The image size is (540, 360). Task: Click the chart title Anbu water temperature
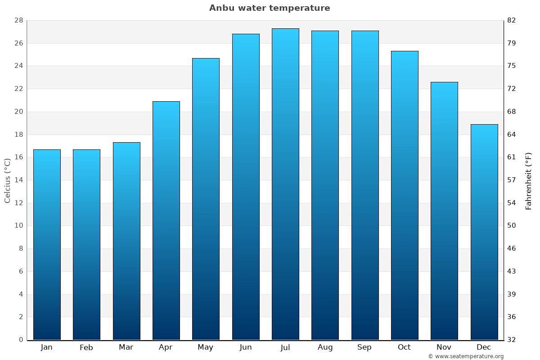[x=270, y=8]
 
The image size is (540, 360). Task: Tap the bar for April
[x=166, y=220]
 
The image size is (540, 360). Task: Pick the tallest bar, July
[x=285, y=184]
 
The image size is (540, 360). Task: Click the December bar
[x=484, y=232]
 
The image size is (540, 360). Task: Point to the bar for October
[x=405, y=195]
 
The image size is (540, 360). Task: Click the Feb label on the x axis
[x=86, y=347]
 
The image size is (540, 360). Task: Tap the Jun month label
[x=246, y=347]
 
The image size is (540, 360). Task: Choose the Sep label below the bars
[x=364, y=347]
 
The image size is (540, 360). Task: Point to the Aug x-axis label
[x=325, y=347]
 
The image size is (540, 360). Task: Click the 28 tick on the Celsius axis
[x=18, y=21]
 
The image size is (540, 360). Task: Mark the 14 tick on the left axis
[x=18, y=180]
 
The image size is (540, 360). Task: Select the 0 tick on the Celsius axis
[x=21, y=340]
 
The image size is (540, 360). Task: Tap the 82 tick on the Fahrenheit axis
[x=512, y=21]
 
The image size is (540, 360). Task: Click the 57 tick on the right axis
[x=512, y=180]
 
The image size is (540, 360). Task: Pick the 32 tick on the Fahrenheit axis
[x=512, y=340]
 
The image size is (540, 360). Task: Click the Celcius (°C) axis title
[x=7, y=180]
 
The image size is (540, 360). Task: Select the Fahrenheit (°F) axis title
[x=529, y=180]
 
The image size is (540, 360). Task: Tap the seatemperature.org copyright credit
[x=465, y=356]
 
